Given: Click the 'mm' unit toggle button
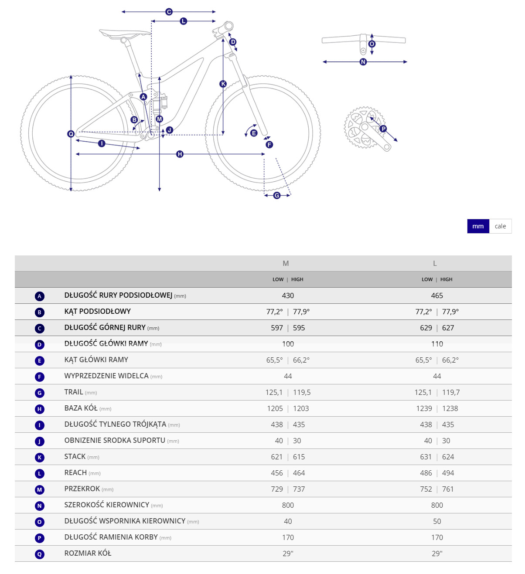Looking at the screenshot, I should point(478,226).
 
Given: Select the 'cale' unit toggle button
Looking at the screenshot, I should point(500,226).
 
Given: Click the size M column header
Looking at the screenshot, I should point(286,263).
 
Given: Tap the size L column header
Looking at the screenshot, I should point(435,263).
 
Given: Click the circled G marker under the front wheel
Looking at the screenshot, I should point(277,196).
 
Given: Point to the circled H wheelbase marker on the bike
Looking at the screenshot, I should point(180,154).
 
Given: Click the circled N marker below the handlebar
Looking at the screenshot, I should point(363,62).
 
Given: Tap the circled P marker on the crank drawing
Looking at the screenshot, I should point(383,129).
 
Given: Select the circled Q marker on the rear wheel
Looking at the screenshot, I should point(71,134).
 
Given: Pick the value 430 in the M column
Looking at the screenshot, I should point(288,295).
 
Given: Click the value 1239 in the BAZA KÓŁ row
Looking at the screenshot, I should point(424,408).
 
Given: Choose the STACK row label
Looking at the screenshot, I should point(75,456).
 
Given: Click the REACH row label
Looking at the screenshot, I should point(75,472).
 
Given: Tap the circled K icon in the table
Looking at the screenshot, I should point(40,458).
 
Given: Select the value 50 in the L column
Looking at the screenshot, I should point(437,521).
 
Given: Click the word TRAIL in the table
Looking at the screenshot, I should point(74,392).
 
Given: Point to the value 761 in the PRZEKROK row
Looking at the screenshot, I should point(448,489).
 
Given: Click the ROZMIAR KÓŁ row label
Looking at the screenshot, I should point(88,553).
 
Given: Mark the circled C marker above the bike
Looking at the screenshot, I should point(169,12).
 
